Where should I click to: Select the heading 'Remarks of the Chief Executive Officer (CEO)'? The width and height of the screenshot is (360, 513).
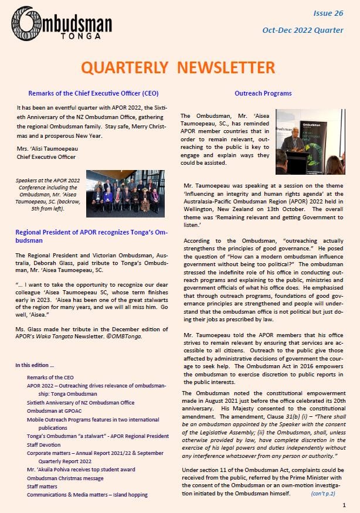click(93, 93)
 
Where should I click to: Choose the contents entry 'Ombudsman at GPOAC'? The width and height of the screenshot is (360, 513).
click(56, 411)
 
